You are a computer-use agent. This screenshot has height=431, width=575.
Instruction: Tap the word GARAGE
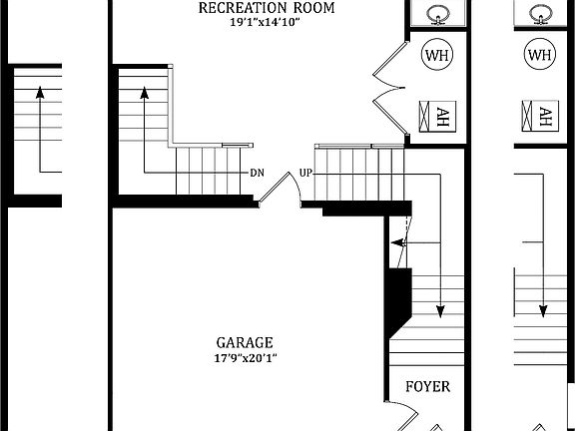[245, 342]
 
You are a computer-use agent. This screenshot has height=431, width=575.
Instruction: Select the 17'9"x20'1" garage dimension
[245, 357]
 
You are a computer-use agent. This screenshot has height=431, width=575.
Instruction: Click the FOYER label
[428, 387]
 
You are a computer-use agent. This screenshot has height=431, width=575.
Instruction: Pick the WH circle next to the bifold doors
[437, 56]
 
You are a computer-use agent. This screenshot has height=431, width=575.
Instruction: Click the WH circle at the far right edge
[540, 56]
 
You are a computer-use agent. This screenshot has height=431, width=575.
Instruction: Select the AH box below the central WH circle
[436, 116]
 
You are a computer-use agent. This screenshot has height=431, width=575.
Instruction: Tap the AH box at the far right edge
[540, 116]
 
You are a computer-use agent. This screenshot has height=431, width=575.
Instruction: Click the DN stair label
[258, 172]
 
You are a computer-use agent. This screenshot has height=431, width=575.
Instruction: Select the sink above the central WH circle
[437, 14]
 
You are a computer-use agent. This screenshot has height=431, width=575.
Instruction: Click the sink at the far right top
[540, 14]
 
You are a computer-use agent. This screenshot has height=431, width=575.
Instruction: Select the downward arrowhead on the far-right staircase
[543, 308]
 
